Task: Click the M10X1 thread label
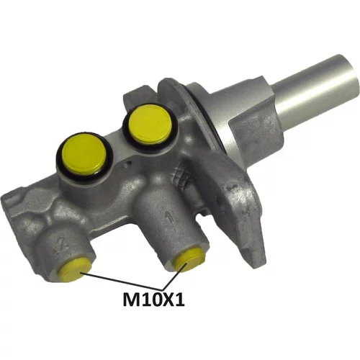point(153,300)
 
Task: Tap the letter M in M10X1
point(131,300)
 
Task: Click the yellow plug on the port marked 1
point(189,260)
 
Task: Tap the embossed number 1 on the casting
point(170,216)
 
